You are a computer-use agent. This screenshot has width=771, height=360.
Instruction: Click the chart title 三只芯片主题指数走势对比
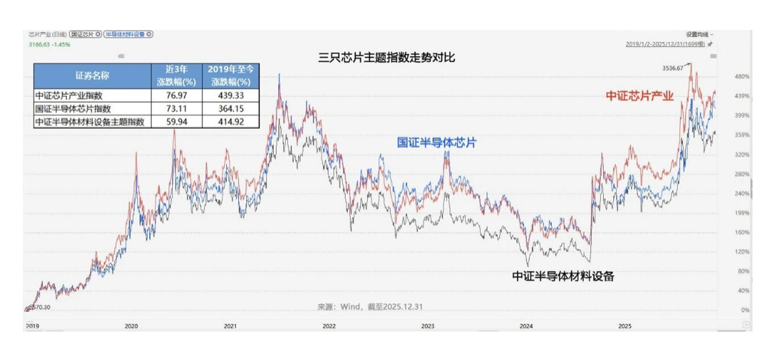(x=386, y=58)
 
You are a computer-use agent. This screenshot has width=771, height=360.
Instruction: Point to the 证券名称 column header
(x=92, y=75)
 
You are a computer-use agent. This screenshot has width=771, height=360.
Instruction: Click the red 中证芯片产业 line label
(x=639, y=95)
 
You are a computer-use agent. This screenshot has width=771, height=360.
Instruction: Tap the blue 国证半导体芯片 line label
(x=436, y=142)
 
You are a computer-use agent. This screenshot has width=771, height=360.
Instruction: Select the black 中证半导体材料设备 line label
(x=563, y=276)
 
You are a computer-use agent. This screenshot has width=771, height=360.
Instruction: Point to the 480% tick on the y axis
(x=742, y=76)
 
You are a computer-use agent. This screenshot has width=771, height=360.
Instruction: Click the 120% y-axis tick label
(x=742, y=252)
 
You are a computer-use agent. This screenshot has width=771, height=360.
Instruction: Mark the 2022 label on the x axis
(x=329, y=326)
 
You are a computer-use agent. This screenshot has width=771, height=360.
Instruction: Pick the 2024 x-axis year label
(x=526, y=326)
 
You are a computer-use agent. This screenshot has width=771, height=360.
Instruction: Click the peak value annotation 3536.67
(x=672, y=68)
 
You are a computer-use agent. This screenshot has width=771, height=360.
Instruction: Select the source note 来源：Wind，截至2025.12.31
(x=370, y=307)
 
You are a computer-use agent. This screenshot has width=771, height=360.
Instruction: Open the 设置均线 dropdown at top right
(x=700, y=34)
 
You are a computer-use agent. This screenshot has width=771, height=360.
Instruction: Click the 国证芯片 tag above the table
(x=85, y=34)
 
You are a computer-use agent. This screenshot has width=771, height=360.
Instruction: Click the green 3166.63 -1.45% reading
(x=49, y=44)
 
